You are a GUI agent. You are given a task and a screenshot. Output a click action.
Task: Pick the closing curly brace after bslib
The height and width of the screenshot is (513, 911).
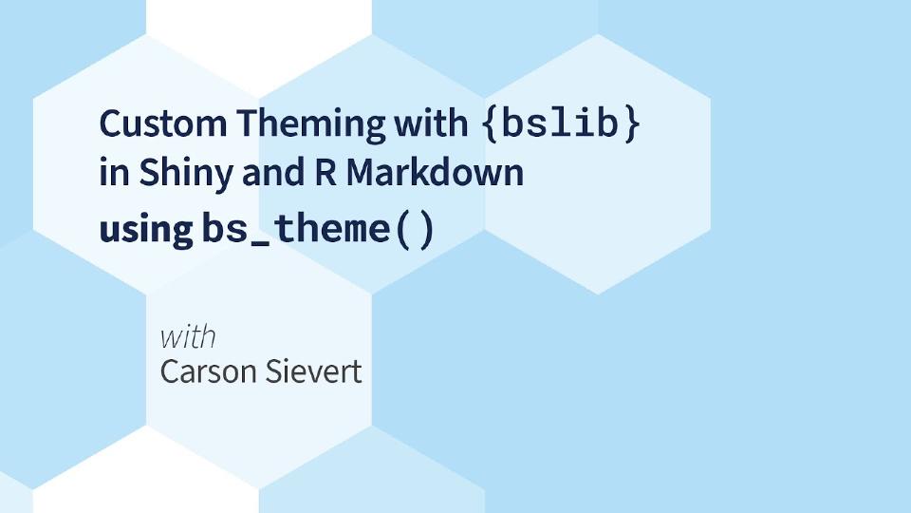629,125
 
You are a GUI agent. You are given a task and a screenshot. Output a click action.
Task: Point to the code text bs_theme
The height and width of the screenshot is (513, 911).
295,229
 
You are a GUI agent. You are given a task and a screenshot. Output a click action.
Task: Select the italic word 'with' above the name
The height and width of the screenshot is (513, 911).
187,336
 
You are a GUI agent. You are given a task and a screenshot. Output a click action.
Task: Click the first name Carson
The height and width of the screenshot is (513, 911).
208,370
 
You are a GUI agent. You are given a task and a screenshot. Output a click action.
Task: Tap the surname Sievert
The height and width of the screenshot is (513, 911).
313,370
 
